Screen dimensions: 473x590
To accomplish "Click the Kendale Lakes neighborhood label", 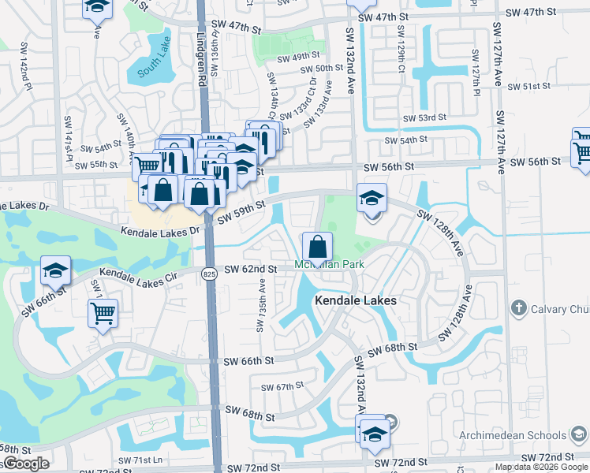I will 355,300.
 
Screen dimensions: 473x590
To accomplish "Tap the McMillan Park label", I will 330,264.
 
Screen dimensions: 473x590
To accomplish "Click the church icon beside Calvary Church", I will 518,307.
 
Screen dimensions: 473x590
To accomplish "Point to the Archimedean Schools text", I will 521,435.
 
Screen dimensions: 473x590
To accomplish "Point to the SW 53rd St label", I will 424,117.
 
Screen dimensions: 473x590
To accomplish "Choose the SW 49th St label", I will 299,57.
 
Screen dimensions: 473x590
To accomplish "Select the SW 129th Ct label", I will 401,58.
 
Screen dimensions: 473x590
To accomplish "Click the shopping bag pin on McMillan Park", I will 316,246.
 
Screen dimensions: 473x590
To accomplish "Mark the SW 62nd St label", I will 250,269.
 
